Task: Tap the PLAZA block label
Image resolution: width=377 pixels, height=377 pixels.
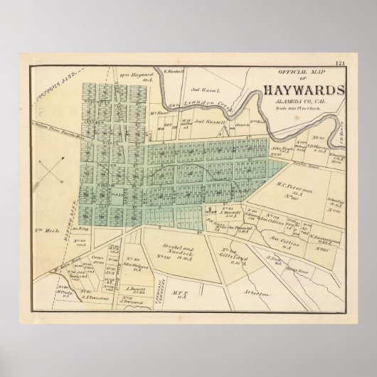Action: [x=104, y=192]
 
